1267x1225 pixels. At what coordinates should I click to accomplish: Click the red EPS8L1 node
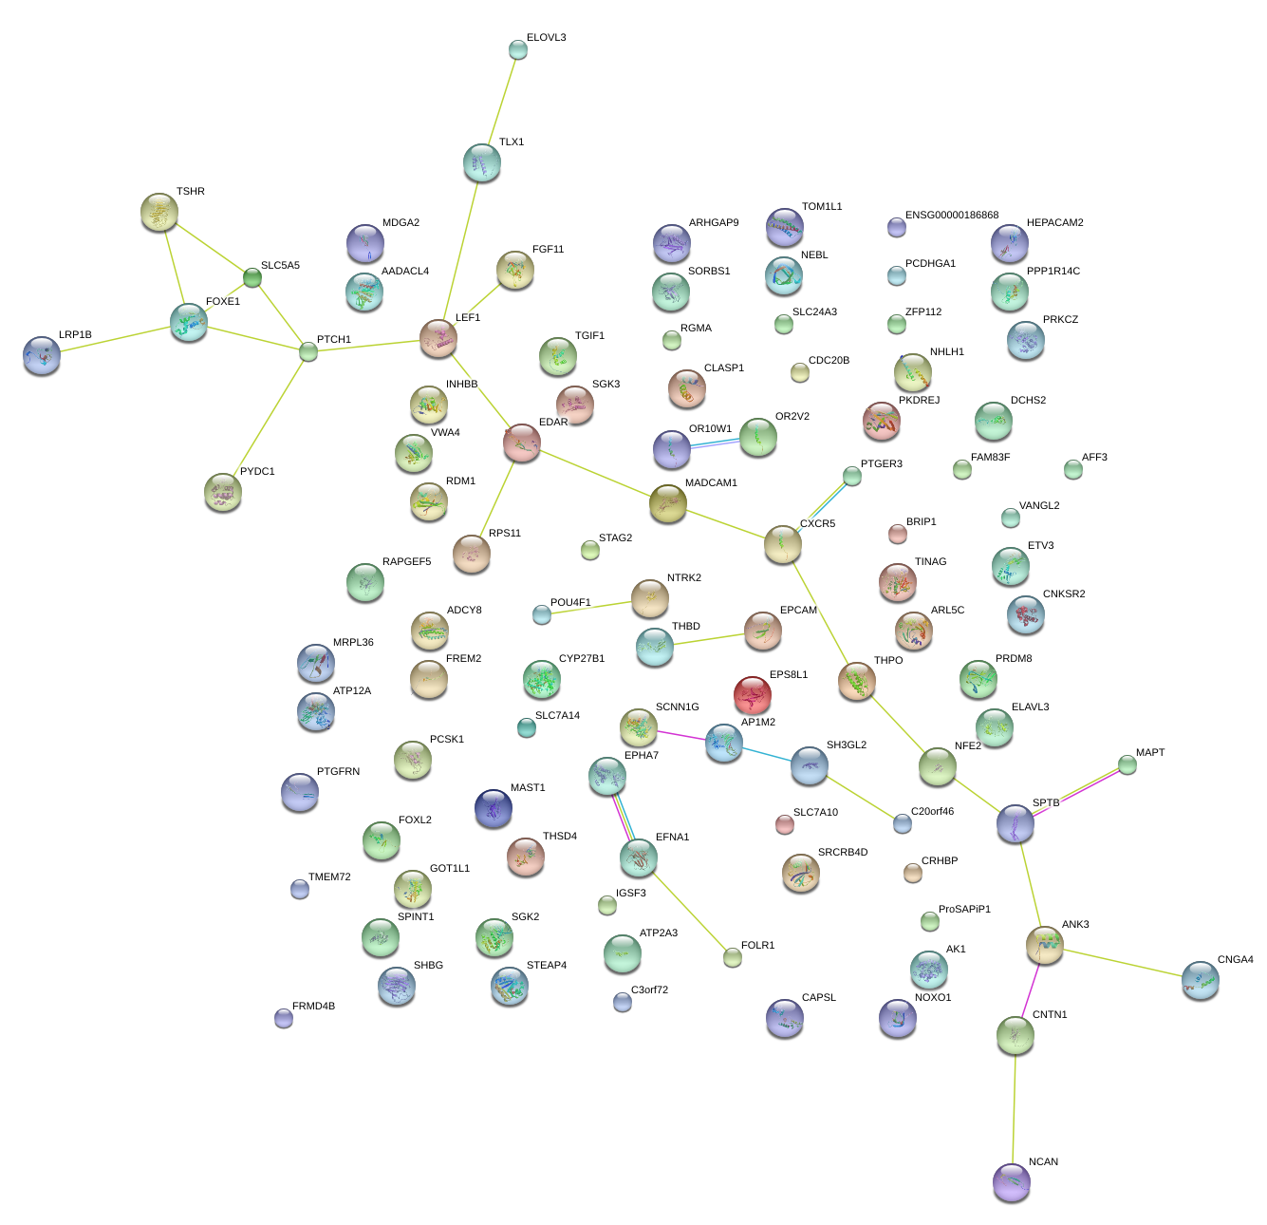pos(753,695)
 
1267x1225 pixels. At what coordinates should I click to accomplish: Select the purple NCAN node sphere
pos(1012,1181)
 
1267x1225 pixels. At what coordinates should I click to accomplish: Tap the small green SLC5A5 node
pos(252,277)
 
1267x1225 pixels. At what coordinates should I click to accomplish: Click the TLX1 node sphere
pos(482,163)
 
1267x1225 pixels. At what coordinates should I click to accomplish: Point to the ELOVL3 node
pos(517,49)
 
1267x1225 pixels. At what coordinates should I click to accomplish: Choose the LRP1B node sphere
pos(42,355)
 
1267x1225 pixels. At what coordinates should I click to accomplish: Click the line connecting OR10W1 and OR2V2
pos(715,443)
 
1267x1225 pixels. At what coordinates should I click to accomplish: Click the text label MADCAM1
pos(711,483)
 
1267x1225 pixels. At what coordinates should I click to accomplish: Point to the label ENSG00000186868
pos(952,216)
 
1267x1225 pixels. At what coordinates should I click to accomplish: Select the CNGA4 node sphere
pos(1201,980)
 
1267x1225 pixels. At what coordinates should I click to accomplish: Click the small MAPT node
pos(1127,764)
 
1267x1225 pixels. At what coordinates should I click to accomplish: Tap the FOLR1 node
pos(733,957)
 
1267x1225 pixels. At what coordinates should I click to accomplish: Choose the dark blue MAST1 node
pos(494,808)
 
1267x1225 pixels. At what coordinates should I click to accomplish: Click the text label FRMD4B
pos(313,1007)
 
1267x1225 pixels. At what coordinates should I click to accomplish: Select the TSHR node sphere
pos(159,212)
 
